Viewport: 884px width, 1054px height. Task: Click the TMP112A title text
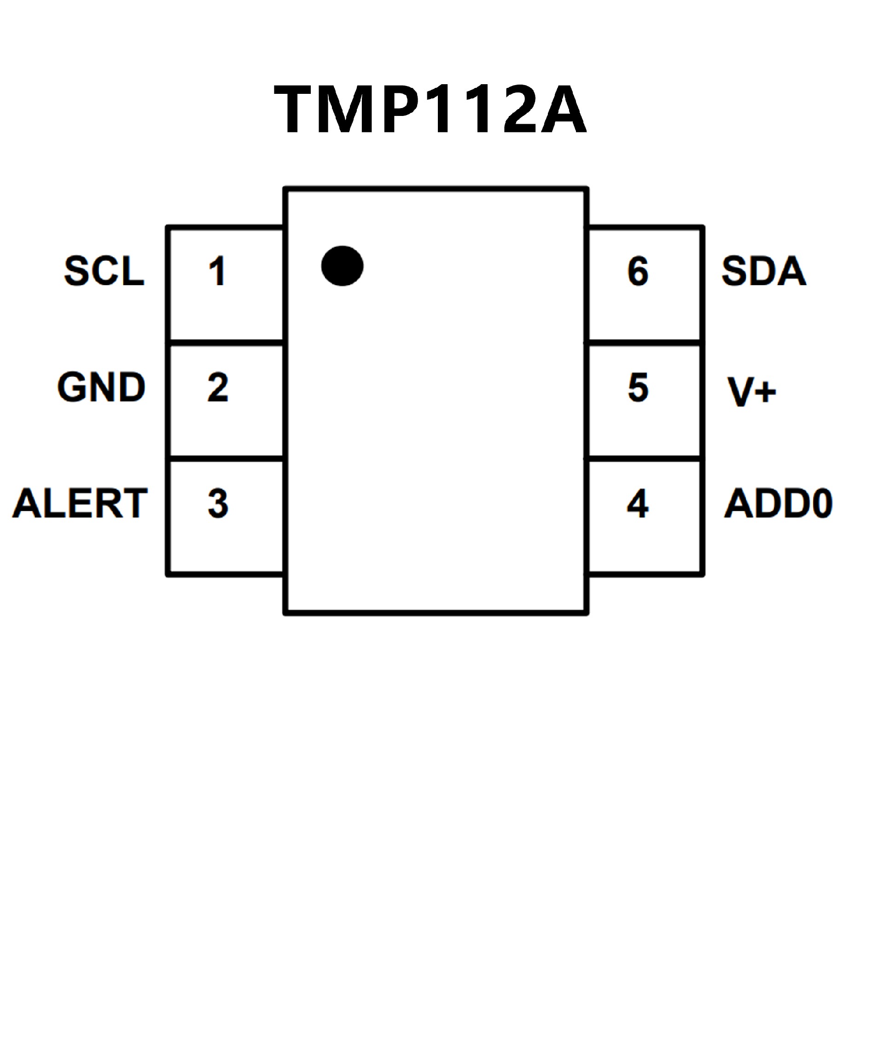pos(430,109)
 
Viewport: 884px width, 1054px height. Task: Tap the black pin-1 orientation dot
pos(342,266)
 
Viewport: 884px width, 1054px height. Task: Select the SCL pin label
pos(105,271)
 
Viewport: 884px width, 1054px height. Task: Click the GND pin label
pos(101,387)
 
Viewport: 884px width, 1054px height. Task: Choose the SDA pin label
pos(763,271)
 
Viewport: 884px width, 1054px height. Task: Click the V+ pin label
pos(751,391)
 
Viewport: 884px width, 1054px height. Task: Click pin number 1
pos(217,271)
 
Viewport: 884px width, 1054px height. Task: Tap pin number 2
pos(217,387)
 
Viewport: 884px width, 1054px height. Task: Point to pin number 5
pos(638,387)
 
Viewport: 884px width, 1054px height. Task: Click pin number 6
pos(638,271)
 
